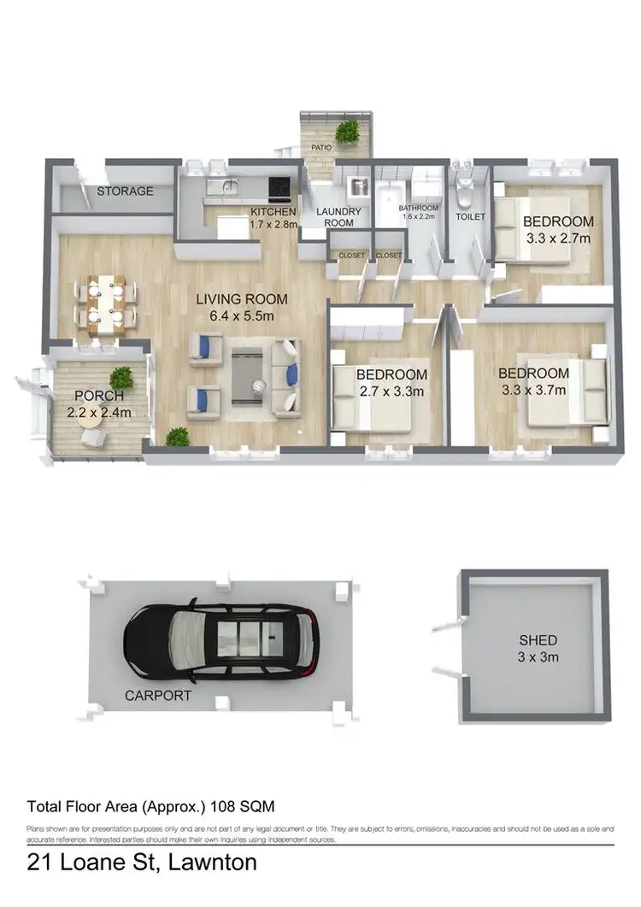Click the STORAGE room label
[x=125, y=191]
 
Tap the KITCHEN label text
[x=273, y=212]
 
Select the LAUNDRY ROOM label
[x=339, y=217]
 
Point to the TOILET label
[x=470, y=217]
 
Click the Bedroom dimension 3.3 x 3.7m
[x=533, y=390]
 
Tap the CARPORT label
[x=157, y=696]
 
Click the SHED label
[x=538, y=640]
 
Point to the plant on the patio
[x=347, y=131]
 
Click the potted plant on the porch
[x=121, y=377]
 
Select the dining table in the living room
[x=107, y=301]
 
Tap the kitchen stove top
[x=280, y=186]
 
